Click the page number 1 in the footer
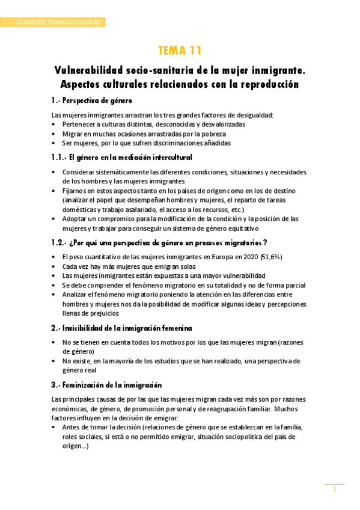(x=335, y=490)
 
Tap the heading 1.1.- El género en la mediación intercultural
(x=122, y=157)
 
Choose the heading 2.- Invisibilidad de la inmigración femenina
(x=122, y=328)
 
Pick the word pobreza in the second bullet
(x=213, y=134)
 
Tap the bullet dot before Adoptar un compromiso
(x=55, y=219)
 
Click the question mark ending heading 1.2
(x=266, y=242)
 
